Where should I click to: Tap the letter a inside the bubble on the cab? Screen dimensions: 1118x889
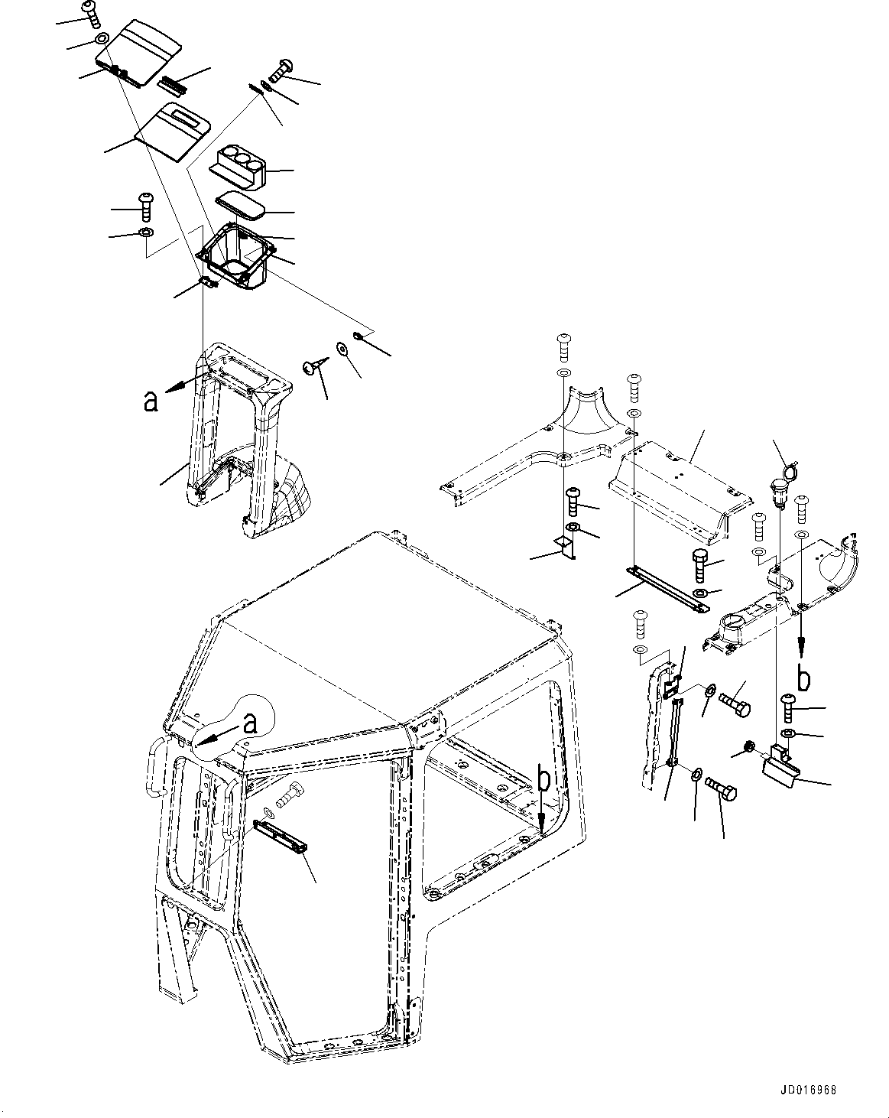pos(250,721)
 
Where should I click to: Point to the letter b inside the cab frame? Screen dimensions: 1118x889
pos(543,780)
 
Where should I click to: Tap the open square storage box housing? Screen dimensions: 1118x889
pos(235,257)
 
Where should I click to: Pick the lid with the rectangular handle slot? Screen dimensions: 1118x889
pos(173,131)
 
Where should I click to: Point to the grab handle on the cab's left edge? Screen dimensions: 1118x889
pos(157,766)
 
